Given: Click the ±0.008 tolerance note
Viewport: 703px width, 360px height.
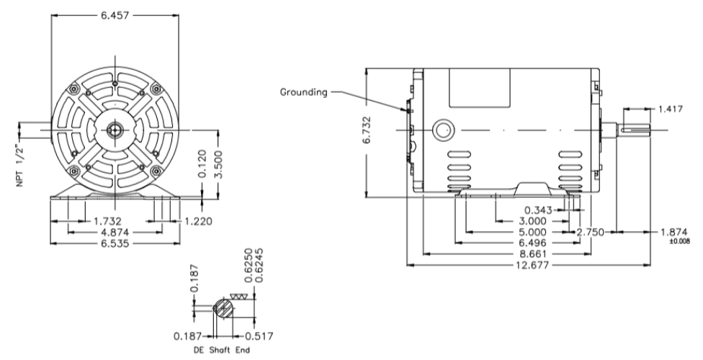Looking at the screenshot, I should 679,241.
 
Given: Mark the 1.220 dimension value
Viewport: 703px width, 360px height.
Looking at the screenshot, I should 198,221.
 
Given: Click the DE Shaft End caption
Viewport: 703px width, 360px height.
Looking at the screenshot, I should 221,352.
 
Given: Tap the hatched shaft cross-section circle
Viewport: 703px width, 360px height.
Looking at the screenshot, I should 225,307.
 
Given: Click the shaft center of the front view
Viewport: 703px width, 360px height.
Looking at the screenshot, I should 114,130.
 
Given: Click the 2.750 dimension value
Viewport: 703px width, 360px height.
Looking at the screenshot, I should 591,233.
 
